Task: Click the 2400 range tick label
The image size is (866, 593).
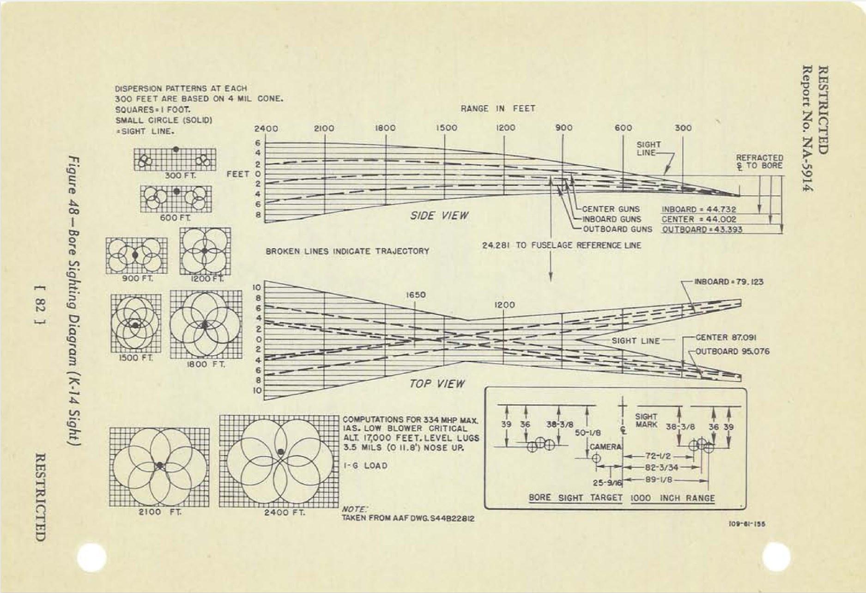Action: click(x=266, y=129)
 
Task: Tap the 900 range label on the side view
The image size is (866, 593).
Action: click(x=564, y=128)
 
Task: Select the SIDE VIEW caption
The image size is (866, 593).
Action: click(x=439, y=216)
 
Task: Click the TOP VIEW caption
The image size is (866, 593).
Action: click(x=437, y=383)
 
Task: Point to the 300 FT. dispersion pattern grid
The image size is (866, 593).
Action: click(x=175, y=159)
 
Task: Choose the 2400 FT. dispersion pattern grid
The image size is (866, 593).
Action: click(x=279, y=461)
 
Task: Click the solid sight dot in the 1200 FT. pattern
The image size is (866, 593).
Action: click(x=204, y=251)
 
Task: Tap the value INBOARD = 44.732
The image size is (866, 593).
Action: click(x=699, y=210)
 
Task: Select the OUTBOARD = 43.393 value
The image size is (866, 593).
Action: click(x=702, y=229)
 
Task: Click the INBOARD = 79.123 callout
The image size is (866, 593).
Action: click(x=729, y=282)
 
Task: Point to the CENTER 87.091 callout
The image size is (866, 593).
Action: click(x=726, y=337)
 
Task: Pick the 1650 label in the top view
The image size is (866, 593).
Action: click(x=416, y=295)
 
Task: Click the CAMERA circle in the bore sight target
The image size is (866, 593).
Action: click(x=596, y=458)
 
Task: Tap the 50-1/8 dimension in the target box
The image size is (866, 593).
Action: click(x=588, y=433)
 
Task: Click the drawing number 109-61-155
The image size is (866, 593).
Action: click(x=747, y=524)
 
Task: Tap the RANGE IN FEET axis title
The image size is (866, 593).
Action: click(x=497, y=108)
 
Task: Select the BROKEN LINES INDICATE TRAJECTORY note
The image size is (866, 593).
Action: click(x=347, y=251)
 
